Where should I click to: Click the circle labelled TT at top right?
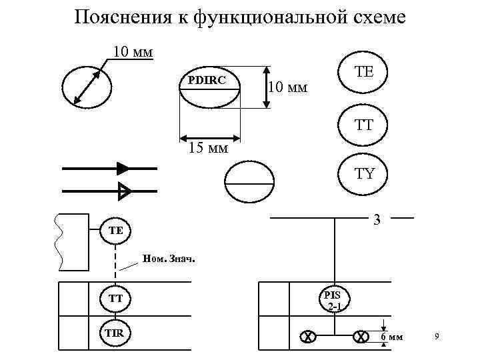tap(365, 125)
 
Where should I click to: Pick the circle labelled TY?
tap(365, 175)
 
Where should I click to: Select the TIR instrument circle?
tap(115, 333)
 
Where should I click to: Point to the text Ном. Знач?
tap(169, 259)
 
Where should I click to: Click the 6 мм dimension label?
tap(392, 337)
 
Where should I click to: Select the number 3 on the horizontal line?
tap(377, 220)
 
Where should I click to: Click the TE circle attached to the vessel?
tap(115, 230)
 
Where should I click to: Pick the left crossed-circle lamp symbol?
tap(308, 337)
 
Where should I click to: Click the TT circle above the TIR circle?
tap(115, 299)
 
